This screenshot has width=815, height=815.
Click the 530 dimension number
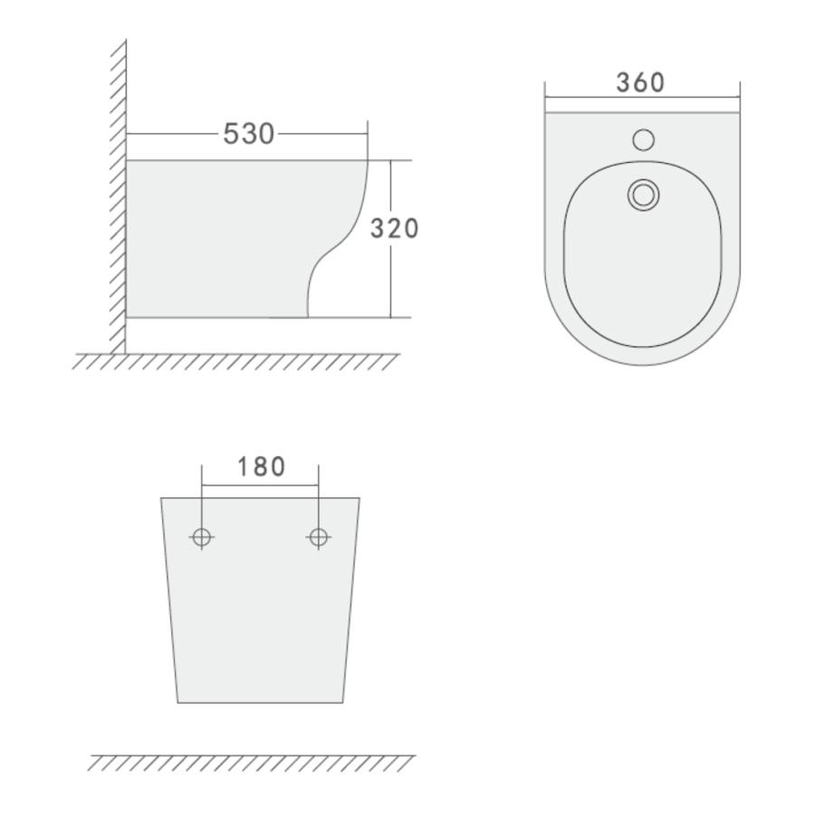click(248, 134)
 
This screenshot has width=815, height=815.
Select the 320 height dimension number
click(394, 229)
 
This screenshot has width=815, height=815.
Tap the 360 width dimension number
click(640, 82)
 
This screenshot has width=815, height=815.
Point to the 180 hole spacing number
click(261, 466)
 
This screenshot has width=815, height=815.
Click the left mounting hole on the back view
click(202, 537)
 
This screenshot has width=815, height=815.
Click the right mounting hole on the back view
click(319, 537)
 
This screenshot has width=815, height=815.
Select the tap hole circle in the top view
click(644, 139)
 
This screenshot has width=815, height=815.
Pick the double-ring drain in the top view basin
click(644, 195)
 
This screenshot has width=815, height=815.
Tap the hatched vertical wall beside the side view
click(119, 197)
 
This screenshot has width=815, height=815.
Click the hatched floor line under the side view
click(235, 361)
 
